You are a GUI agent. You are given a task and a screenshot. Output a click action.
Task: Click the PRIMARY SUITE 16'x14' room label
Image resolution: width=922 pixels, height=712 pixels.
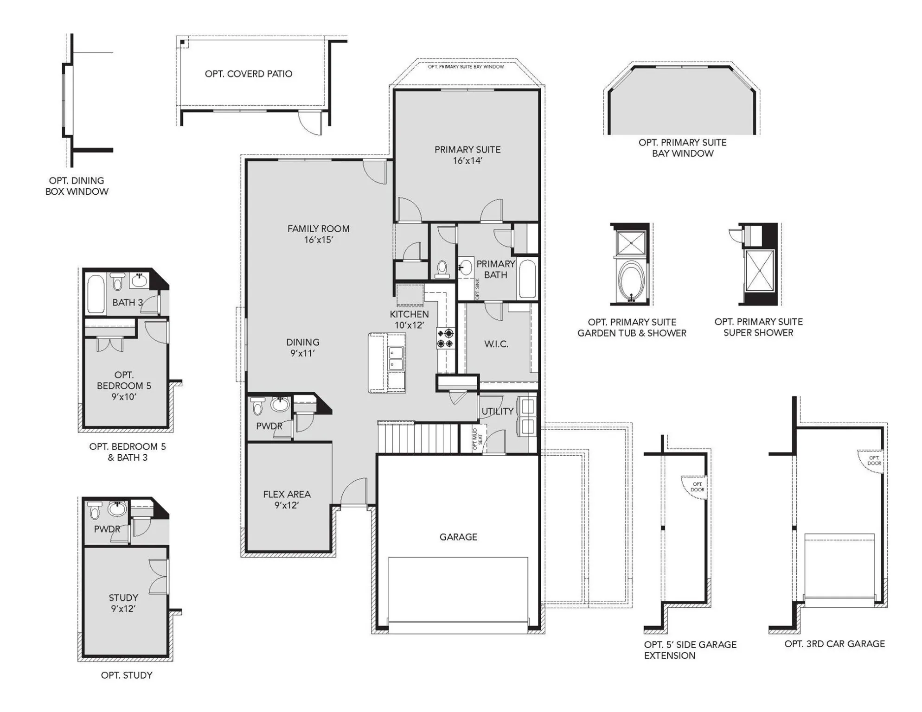(x=467, y=155)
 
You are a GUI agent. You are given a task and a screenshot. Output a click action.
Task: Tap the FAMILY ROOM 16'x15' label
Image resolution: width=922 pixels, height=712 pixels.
(x=318, y=234)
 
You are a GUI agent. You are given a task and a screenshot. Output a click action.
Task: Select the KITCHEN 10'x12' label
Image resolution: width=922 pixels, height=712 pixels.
(x=409, y=319)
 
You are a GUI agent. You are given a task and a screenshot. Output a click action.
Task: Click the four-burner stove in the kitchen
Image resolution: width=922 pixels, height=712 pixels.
(x=445, y=338)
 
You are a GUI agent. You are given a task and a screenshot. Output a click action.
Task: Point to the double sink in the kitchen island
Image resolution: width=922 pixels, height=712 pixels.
(x=396, y=358)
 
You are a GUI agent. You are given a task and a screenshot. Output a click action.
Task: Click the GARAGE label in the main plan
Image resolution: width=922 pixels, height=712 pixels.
(x=458, y=537)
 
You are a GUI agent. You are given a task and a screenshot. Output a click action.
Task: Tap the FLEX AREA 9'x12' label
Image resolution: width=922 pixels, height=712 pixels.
(x=287, y=500)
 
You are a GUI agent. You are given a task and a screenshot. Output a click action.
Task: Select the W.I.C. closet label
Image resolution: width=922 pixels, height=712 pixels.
(x=496, y=344)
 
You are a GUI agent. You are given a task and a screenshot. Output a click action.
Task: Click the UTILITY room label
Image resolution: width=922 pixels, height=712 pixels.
(x=497, y=411)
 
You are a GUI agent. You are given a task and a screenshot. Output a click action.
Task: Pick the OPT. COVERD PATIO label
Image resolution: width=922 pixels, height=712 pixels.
(x=249, y=74)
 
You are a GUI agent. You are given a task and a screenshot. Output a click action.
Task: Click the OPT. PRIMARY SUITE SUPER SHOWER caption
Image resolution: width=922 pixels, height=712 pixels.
(x=758, y=327)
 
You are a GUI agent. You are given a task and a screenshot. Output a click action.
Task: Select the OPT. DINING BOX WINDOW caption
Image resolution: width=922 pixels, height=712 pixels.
(x=77, y=186)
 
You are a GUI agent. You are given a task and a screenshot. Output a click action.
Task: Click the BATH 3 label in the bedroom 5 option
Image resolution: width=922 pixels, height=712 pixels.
(x=128, y=302)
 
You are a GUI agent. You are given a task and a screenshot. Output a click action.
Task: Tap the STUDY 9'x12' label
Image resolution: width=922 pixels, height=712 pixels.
(x=123, y=603)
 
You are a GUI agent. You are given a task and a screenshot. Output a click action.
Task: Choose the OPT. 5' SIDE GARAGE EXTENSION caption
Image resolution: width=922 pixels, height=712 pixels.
(x=690, y=650)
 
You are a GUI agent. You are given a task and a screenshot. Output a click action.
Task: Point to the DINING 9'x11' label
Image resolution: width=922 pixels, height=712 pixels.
(x=302, y=347)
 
